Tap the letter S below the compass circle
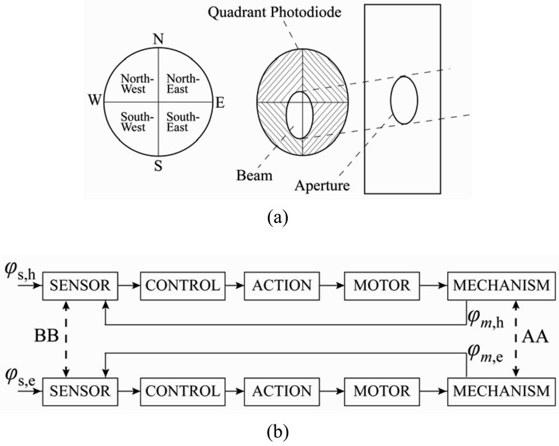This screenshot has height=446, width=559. click(158, 167)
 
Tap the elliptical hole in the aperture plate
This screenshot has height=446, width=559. click(404, 100)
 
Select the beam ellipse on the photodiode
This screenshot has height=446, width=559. click(300, 114)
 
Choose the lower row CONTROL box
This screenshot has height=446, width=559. click(183, 389)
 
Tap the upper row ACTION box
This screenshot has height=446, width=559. click(282, 286)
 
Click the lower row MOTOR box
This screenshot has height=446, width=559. click(382, 389)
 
